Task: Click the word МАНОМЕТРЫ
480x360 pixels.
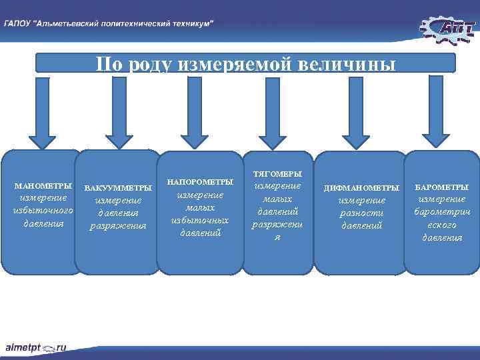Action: [43, 185]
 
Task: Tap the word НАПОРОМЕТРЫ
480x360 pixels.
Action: [200, 182]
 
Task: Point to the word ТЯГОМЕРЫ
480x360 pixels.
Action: [277, 174]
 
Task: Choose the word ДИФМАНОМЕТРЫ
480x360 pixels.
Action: [361, 188]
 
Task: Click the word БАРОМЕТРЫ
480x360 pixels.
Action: [441, 187]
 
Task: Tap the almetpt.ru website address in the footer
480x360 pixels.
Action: [37, 347]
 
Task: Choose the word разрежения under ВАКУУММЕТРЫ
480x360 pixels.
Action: [118, 226]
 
